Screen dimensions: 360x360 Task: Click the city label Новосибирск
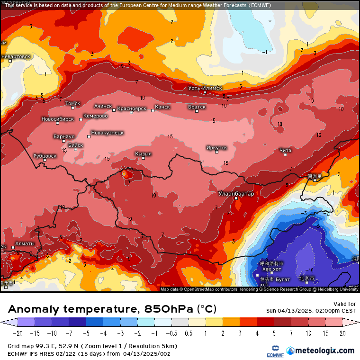tap(58, 119)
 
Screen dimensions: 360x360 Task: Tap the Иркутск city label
tap(216, 148)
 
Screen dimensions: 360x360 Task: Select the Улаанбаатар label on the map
tap(236, 193)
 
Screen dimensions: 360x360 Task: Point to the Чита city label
tap(285, 150)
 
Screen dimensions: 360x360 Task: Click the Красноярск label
tap(132, 108)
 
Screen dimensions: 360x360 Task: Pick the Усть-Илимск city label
tap(205, 88)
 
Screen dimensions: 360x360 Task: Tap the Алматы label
tap(25, 244)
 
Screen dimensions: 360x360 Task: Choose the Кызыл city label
tap(143, 154)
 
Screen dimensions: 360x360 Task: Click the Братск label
tap(197, 107)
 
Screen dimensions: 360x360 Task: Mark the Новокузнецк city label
tap(107, 133)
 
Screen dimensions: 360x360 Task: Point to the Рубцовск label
tap(45, 155)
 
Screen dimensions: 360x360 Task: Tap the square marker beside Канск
tap(153, 110)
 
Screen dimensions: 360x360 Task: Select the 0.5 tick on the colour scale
tap(189, 333)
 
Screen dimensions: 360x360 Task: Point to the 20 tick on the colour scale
tap(342, 333)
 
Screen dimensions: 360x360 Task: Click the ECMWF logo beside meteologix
tap(275, 351)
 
